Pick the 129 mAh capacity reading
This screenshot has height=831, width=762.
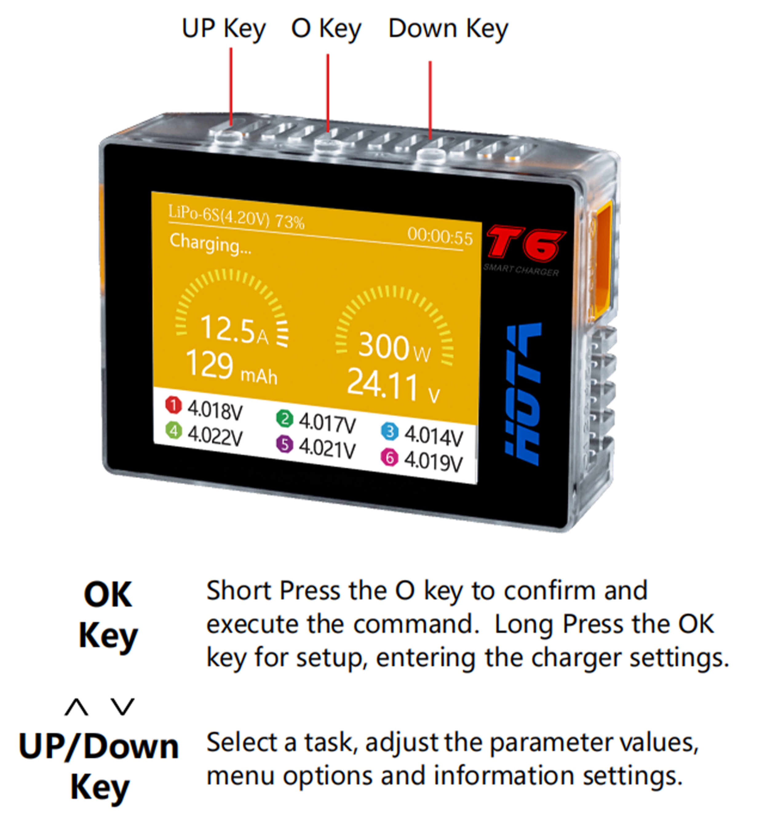[231, 367]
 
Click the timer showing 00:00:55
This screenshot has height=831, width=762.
[440, 237]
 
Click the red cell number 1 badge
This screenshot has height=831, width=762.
[174, 405]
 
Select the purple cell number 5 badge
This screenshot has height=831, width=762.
[284, 445]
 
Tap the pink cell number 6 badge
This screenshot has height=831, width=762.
[390, 458]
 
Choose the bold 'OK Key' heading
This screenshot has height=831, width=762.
[108, 616]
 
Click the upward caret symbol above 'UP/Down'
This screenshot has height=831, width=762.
[77, 707]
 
